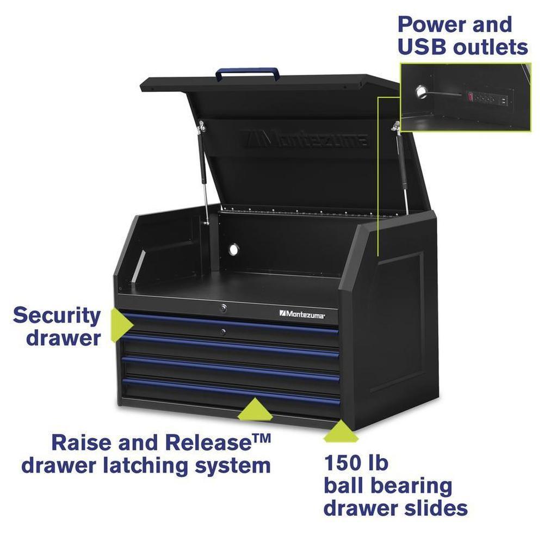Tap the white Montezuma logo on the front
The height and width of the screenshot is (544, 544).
[x=302, y=314]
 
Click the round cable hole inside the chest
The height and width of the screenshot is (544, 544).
[x=234, y=249]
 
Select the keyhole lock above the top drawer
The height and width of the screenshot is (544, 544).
[x=223, y=308]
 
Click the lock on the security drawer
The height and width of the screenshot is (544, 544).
[x=222, y=332]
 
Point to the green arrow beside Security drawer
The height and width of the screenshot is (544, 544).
[x=121, y=325]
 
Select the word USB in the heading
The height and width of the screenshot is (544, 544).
[x=423, y=47]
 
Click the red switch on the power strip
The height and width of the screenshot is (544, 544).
[x=470, y=96]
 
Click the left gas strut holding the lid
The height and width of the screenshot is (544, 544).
[x=203, y=172]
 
